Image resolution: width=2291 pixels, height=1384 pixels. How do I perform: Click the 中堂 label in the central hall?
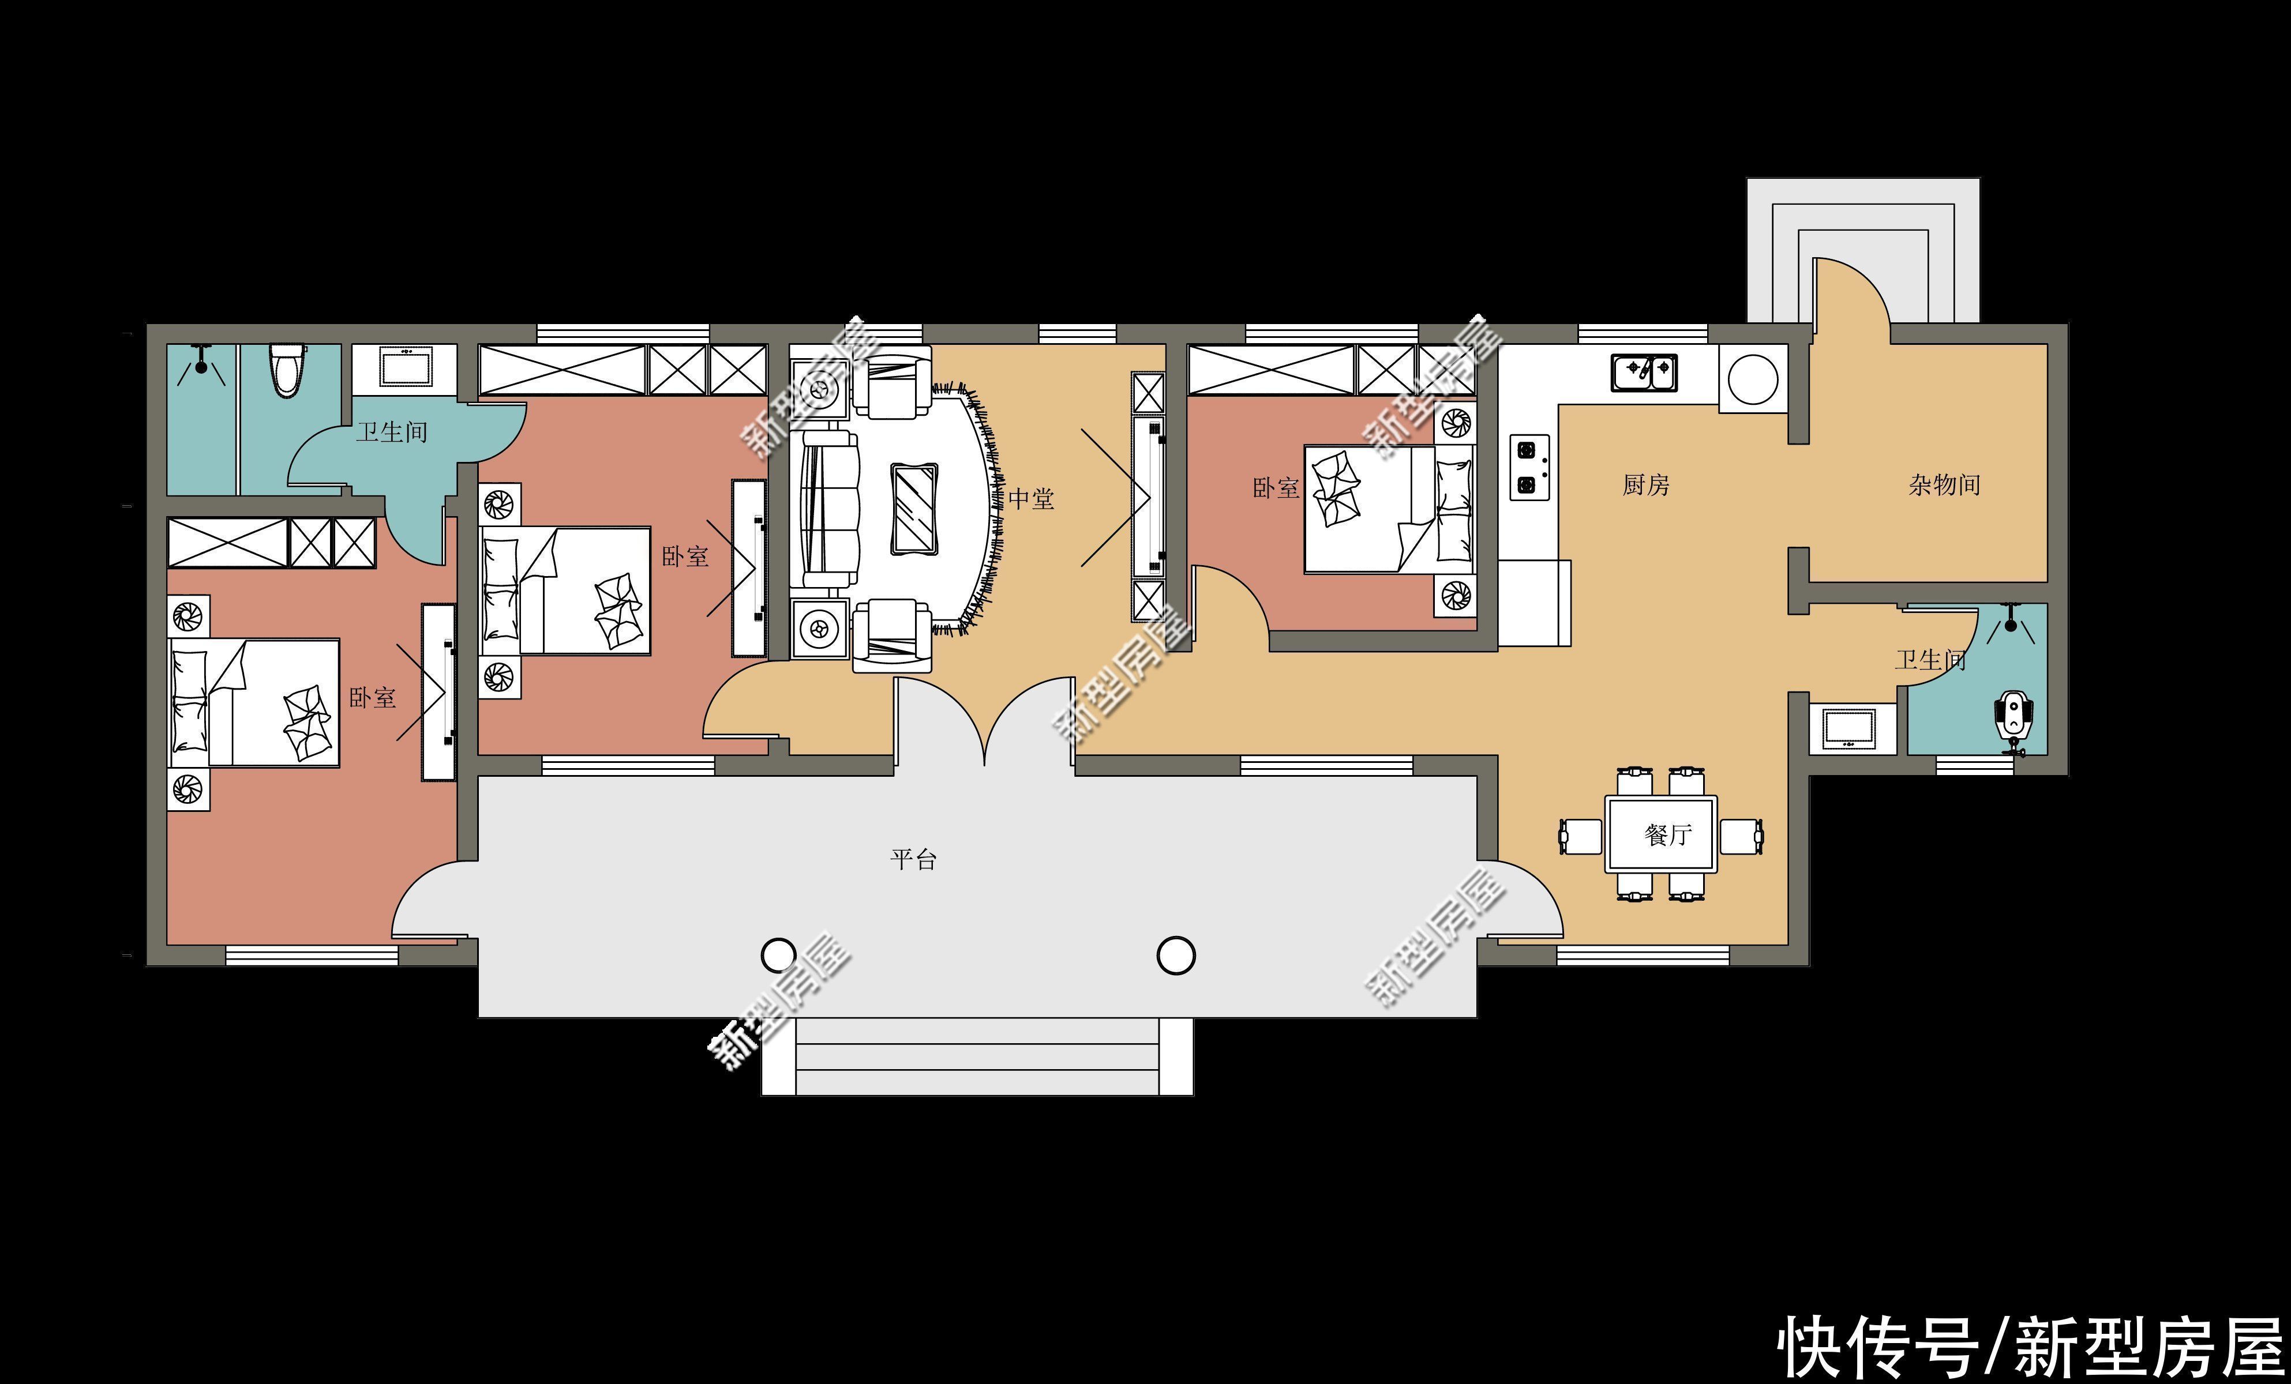pos(1031,499)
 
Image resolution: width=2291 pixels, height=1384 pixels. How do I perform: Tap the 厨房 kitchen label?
pos(1646,484)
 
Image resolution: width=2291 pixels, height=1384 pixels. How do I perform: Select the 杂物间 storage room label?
pos(1944,484)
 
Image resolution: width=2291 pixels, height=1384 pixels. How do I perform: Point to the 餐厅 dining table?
pos(1662,834)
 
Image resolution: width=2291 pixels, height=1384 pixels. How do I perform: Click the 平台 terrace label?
pos(913,859)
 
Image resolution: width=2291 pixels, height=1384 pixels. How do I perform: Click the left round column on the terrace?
pos(778,954)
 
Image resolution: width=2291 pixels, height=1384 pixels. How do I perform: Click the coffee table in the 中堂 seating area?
pos(914,509)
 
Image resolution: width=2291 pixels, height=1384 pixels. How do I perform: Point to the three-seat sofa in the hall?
pos(830,509)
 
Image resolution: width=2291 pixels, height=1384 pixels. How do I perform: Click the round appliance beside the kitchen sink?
pos(1753,379)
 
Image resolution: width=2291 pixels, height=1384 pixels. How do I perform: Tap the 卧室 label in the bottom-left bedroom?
pos(372,698)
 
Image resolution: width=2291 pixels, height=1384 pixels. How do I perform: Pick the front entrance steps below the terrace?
pos(977,1057)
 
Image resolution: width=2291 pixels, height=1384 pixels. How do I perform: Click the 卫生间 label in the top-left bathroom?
pos(391,432)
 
